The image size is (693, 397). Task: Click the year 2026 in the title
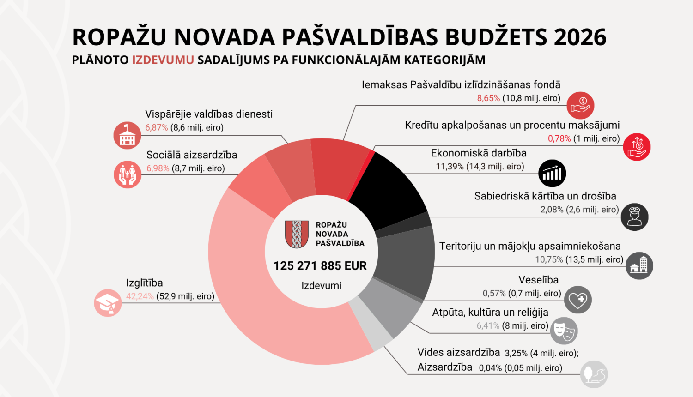click(580, 37)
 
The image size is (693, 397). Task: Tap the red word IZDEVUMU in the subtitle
click(163, 60)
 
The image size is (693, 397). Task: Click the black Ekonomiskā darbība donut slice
click(388, 189)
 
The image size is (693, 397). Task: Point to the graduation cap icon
click(108, 303)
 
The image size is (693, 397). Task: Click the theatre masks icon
click(564, 331)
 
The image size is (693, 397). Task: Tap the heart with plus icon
click(577, 300)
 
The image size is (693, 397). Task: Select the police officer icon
click(634, 217)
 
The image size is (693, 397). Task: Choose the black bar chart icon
click(552, 174)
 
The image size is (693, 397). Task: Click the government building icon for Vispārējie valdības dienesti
click(127, 136)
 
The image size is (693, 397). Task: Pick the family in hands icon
click(128, 174)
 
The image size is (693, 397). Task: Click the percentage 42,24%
click(140, 296)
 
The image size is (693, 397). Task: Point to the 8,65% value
click(488, 98)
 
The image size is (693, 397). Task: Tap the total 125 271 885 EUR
click(320, 266)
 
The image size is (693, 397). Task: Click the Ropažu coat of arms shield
click(297, 234)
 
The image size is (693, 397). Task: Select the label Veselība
click(538, 280)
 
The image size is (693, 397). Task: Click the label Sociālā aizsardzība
click(192, 155)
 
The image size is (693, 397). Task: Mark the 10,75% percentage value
click(549, 260)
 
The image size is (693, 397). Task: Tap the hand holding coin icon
click(580, 106)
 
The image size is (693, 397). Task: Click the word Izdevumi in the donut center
click(321, 286)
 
